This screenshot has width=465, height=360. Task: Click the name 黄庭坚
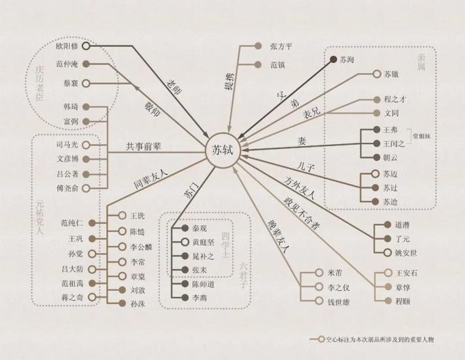click(x=204, y=242)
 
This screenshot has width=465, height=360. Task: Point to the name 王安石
click(x=409, y=272)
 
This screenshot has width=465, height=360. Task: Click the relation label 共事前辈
click(x=145, y=146)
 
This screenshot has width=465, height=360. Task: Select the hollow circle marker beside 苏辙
click(x=377, y=76)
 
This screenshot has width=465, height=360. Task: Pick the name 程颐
click(x=404, y=301)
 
